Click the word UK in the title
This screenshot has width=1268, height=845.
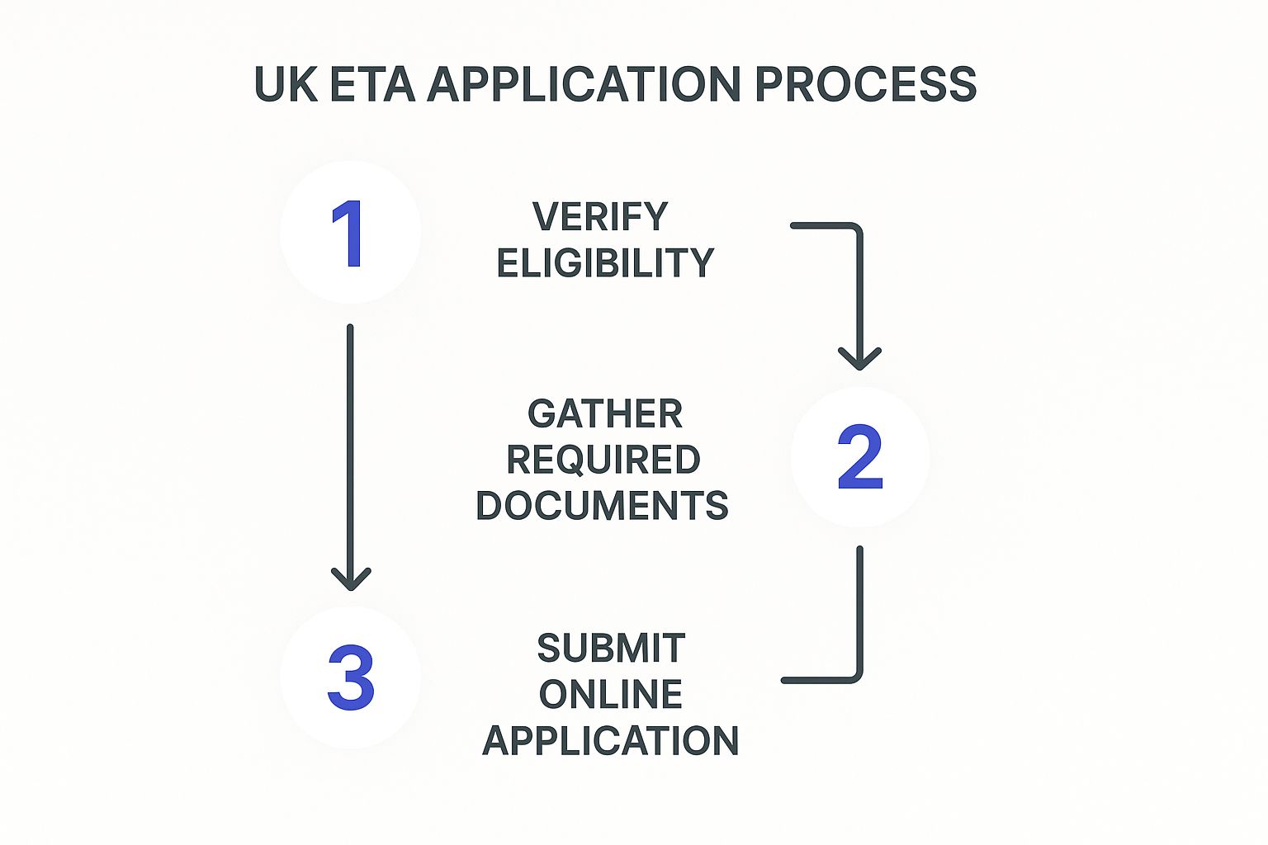tap(285, 84)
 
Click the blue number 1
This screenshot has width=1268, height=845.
tap(348, 234)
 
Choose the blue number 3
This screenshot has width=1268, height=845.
tap(351, 678)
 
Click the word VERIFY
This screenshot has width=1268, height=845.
tap(600, 217)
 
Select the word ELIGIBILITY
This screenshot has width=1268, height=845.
tap(605, 263)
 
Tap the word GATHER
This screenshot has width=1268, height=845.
tap(605, 413)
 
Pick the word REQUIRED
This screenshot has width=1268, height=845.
tap(603, 460)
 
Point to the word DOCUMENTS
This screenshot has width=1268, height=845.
tap(603, 506)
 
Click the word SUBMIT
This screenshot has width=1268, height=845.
tap(611, 649)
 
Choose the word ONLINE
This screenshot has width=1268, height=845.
tap(611, 695)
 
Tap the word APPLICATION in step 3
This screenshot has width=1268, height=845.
tap(611, 741)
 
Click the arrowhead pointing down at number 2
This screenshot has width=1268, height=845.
tap(859, 360)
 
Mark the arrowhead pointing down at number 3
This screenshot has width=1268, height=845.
tap(351, 579)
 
